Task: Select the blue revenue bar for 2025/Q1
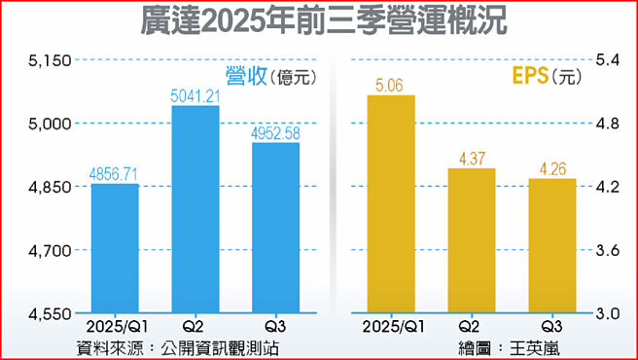pyautogui.click(x=115, y=248)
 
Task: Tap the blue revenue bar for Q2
pyautogui.click(x=195, y=209)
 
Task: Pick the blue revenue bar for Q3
pyautogui.click(x=276, y=229)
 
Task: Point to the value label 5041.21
pyautogui.click(x=195, y=96)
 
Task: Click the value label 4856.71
pyautogui.click(x=115, y=174)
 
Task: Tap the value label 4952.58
pyautogui.click(x=276, y=133)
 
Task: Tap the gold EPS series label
pyautogui.click(x=529, y=75)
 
